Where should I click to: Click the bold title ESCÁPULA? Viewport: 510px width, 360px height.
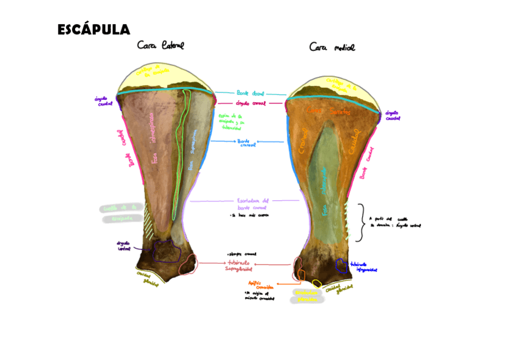[x=93, y=29]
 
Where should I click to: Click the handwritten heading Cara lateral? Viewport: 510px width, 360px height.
[x=160, y=46]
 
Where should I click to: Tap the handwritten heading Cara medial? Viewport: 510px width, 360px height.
[x=332, y=47]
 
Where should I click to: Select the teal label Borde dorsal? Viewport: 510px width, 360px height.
[x=250, y=94]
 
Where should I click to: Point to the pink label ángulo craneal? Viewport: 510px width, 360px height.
[x=250, y=103]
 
